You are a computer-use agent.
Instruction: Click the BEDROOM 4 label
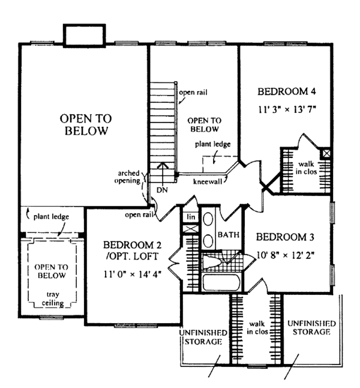287,92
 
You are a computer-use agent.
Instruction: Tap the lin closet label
191,216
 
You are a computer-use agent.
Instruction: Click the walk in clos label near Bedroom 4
306,168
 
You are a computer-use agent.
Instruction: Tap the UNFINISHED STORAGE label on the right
311,327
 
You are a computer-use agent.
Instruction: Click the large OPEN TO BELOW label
84,124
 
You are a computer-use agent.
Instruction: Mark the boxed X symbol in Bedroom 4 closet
326,154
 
